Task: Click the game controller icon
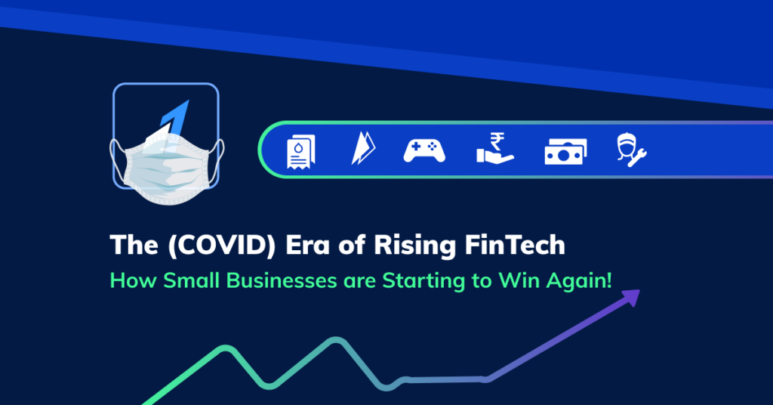[x=424, y=151]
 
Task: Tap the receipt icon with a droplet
[x=301, y=151]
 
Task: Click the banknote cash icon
[x=565, y=152]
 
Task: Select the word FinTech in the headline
[x=522, y=246]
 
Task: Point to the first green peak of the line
[x=224, y=348]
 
